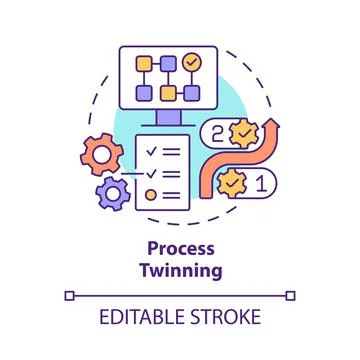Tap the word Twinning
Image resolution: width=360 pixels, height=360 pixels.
pos(180,270)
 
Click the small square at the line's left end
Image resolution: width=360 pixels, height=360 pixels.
pos(69,295)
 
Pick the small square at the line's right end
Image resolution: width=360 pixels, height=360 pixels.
pos(290,295)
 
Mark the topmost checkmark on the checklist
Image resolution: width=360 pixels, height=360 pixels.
pos(150,153)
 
